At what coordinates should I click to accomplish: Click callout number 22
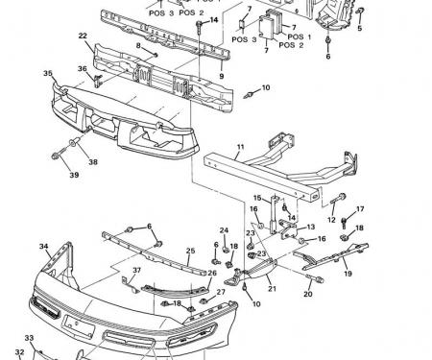[x=84, y=36]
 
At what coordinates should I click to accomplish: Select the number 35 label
[x=47, y=73]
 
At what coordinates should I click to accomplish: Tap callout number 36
[x=83, y=69]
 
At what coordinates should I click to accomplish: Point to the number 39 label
[x=73, y=175]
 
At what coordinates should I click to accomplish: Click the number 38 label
[x=94, y=162]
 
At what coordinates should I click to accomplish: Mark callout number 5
[x=360, y=29]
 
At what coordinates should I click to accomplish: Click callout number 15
[x=256, y=198]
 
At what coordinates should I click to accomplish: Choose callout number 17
[x=360, y=209]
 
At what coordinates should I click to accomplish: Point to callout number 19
[x=347, y=274]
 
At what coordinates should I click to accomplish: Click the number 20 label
[x=308, y=294]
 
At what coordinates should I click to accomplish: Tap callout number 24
[x=223, y=230]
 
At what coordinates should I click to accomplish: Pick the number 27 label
[x=220, y=291]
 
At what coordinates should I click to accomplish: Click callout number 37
[x=136, y=271]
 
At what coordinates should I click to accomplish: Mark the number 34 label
[x=44, y=247]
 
